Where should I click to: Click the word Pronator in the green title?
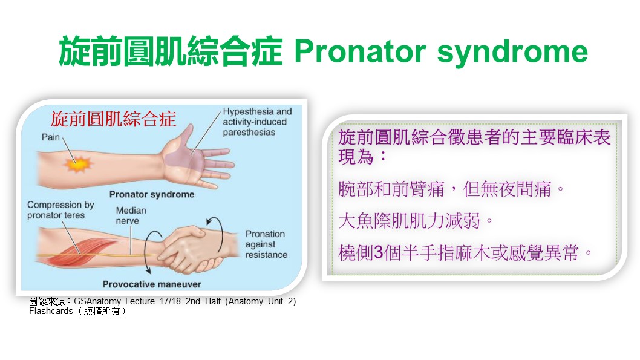click(x=361, y=51)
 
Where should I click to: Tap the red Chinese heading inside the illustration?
click(x=113, y=119)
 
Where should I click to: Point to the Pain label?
click(x=51, y=137)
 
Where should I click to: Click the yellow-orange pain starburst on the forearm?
click(x=77, y=165)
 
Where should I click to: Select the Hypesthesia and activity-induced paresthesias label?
click(x=257, y=122)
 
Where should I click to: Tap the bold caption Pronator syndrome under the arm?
click(x=152, y=194)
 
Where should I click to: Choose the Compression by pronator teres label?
click(x=60, y=210)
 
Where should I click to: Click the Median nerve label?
click(x=131, y=215)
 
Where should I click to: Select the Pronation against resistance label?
click(x=266, y=244)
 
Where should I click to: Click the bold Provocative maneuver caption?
click(x=152, y=284)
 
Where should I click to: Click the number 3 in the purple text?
click(x=379, y=253)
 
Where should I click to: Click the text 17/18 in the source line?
click(x=170, y=301)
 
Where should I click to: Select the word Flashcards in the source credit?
click(x=51, y=311)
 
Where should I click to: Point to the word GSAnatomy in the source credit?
click(x=97, y=302)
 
